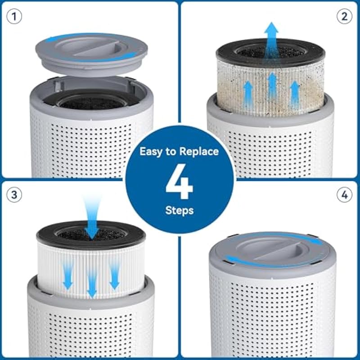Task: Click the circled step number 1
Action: click(x=14, y=17)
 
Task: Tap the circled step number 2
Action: click(x=344, y=17)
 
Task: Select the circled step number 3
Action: click(x=14, y=195)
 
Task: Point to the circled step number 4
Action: click(x=344, y=195)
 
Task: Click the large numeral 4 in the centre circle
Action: click(x=179, y=181)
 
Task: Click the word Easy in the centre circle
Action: click(x=153, y=152)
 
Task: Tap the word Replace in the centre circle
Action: click(x=199, y=152)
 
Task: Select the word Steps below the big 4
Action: click(x=180, y=211)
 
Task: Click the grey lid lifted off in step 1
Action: click(x=91, y=54)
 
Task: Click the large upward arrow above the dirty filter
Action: click(x=271, y=41)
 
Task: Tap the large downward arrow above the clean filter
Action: click(x=92, y=218)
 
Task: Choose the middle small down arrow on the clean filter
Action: click(x=92, y=285)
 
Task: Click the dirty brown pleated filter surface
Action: click(x=271, y=90)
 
